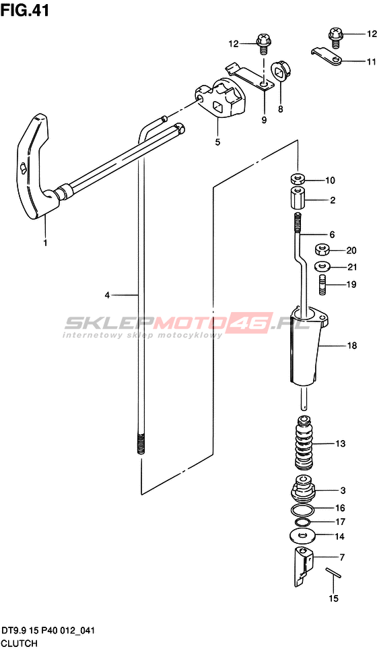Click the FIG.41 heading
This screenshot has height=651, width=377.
point(24,10)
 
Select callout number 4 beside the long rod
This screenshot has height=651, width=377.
point(107,295)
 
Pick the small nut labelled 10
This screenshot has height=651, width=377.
point(298,180)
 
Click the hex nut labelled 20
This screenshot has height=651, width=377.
point(322,250)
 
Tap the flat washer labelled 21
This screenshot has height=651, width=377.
point(322,266)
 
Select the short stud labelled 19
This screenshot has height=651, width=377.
point(322,284)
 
